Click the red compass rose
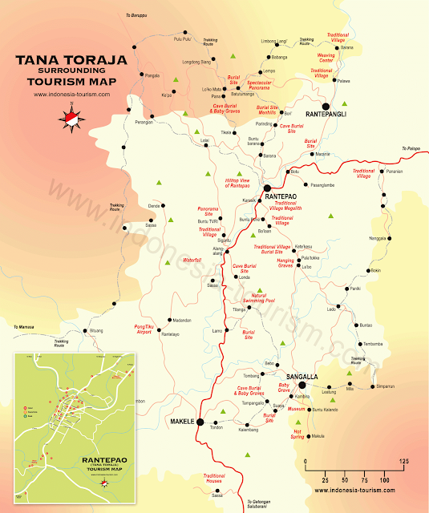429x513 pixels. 71,118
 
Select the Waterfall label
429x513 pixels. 192,261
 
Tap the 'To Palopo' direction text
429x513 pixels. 411,149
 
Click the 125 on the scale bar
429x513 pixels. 404,462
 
